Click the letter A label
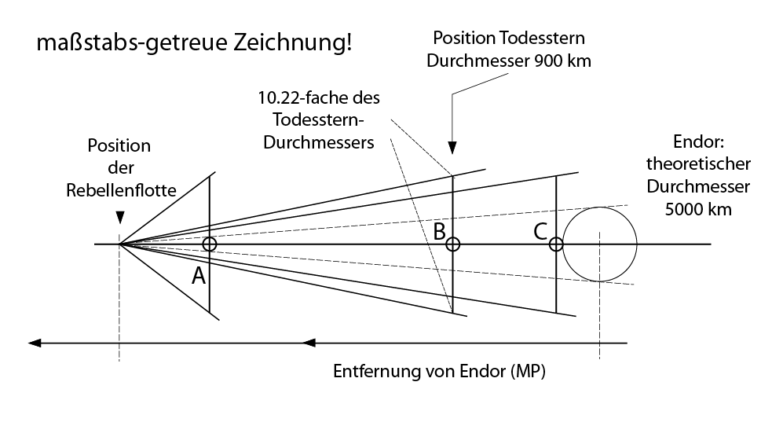click(x=199, y=276)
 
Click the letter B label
click(x=440, y=232)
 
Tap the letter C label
click(x=541, y=232)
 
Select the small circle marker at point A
click(x=210, y=244)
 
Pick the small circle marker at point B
click(x=452, y=244)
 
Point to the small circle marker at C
click(x=556, y=244)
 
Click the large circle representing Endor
click(x=600, y=244)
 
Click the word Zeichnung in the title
click(x=293, y=42)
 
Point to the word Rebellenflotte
click(x=122, y=190)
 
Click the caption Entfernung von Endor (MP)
click(x=440, y=371)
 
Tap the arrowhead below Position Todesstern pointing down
click(x=452, y=148)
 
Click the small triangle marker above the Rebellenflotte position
click(x=119, y=218)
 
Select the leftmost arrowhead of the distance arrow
click(x=35, y=343)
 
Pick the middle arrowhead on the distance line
click(x=309, y=343)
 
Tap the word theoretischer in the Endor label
click(x=699, y=163)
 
